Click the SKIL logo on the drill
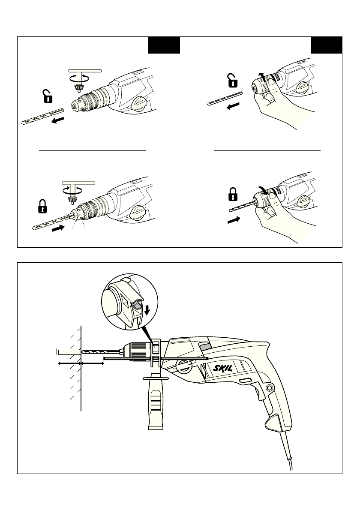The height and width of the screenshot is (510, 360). pos(223,368)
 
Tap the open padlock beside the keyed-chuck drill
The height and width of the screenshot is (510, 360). pos(48,96)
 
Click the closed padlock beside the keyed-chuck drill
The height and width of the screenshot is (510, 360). pos(42,206)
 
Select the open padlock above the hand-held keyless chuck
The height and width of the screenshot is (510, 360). pos(232,81)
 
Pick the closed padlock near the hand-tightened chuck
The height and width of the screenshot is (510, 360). pos(233,194)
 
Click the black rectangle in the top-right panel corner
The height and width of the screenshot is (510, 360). pos(327,45)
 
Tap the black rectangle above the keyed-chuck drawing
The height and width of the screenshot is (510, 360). pos(164,45)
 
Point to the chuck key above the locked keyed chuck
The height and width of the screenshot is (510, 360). pos(78,192)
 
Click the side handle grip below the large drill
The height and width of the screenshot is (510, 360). pos(156,403)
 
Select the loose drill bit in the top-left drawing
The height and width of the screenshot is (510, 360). pos(42,116)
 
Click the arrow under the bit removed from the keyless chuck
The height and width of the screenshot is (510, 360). pos(233,106)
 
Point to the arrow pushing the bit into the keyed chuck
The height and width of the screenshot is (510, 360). pos(58,228)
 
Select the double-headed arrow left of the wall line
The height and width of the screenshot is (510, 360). pos(69,363)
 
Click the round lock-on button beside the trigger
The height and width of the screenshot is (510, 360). pos(269,387)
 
